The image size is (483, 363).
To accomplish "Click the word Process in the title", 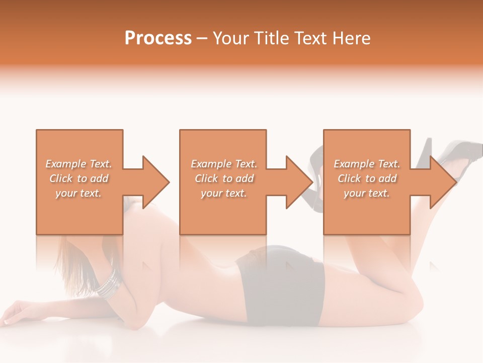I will pos(158,38).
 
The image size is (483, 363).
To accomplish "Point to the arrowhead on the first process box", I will pos(155,182).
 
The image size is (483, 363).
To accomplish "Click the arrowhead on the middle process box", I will pos(299,182).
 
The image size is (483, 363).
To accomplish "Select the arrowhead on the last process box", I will pos(443,182).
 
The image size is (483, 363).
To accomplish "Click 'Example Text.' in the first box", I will pos(79,164).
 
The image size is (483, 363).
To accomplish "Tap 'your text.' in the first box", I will pos(79,193).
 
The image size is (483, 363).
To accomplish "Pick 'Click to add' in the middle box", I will pos(224,178).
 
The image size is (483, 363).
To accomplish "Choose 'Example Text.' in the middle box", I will pos(224,164).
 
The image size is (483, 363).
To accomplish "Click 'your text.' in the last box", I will pos(367,193).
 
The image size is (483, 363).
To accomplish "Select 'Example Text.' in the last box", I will pos(367,164).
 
